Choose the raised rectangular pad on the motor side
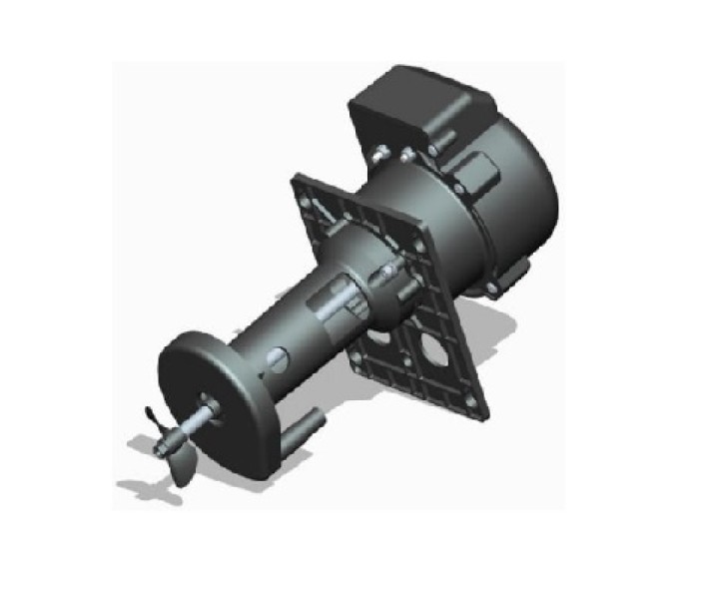pos(481,178)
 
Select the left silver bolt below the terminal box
pos(380,154)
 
